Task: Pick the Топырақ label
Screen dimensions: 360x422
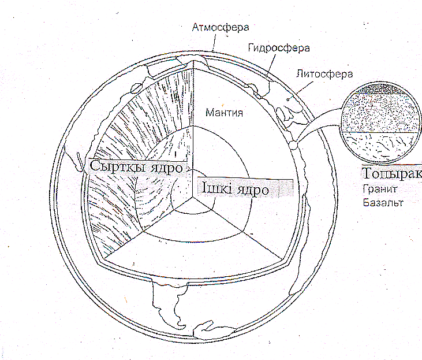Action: tap(390, 173)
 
